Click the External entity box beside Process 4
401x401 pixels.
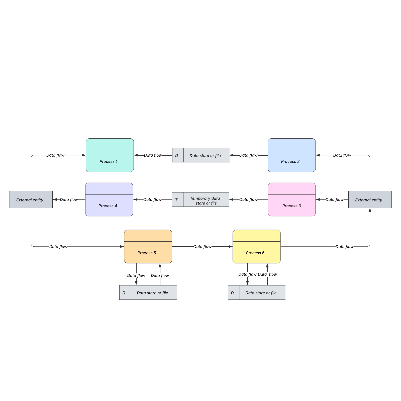point(31,199)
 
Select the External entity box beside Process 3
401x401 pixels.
point(370,199)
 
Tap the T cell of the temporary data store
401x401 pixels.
point(177,200)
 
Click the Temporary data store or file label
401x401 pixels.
point(206,201)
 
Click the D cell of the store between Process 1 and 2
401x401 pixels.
point(177,155)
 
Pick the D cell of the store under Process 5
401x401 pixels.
point(125,292)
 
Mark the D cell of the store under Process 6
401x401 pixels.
point(233,292)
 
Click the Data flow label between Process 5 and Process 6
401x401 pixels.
point(202,247)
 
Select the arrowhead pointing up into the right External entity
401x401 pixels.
point(370,210)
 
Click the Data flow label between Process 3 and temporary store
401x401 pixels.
point(248,199)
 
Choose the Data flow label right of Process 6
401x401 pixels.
point(344,247)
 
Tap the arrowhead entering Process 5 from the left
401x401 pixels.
point(122,247)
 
